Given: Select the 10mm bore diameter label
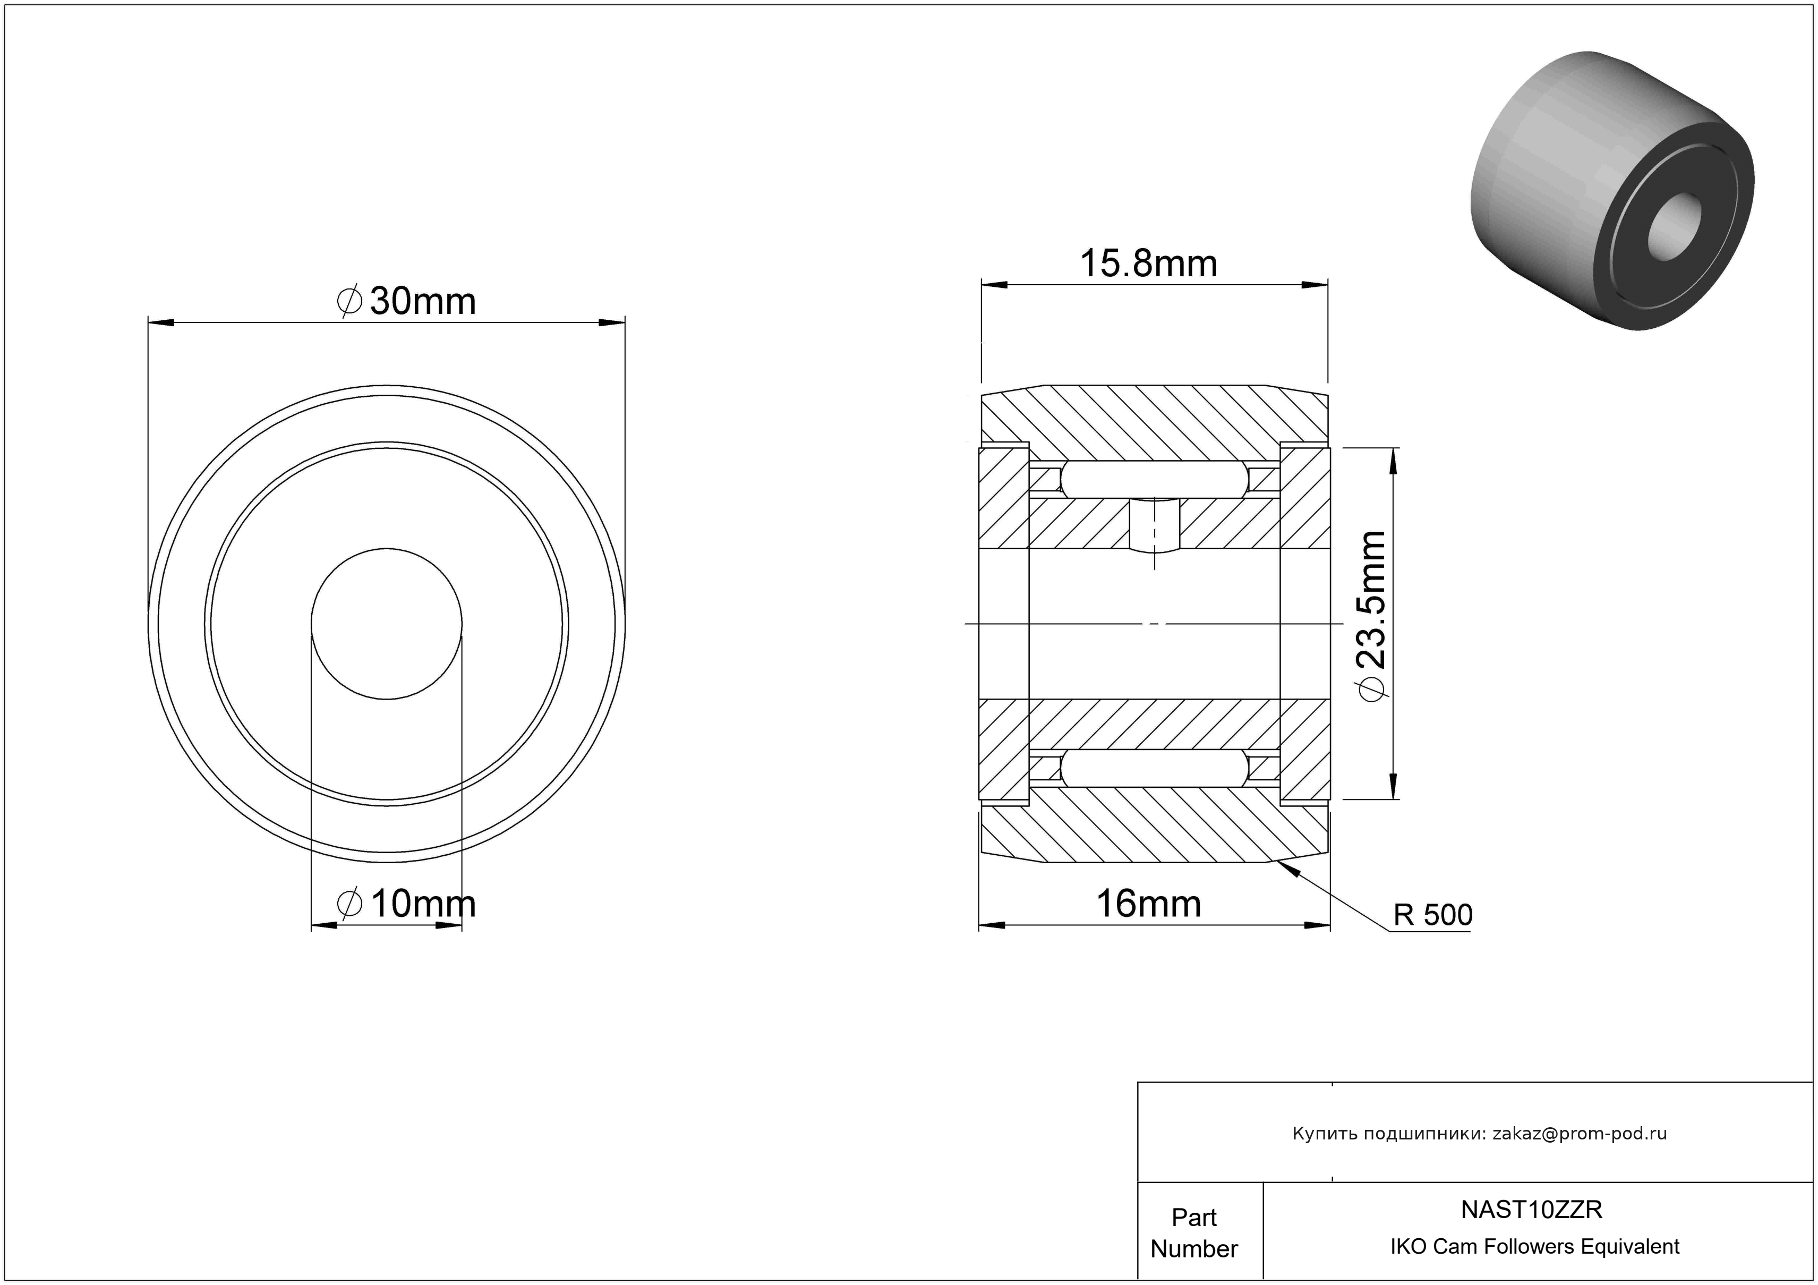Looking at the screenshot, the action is click(x=406, y=904).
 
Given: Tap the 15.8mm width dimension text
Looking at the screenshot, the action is click(x=1149, y=263).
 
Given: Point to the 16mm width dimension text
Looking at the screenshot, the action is click(x=1148, y=904).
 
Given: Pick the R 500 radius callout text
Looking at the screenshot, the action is click(x=1433, y=915).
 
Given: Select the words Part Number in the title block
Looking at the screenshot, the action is click(x=1194, y=1233).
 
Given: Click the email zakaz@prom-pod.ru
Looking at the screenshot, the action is click(x=1580, y=1134).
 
